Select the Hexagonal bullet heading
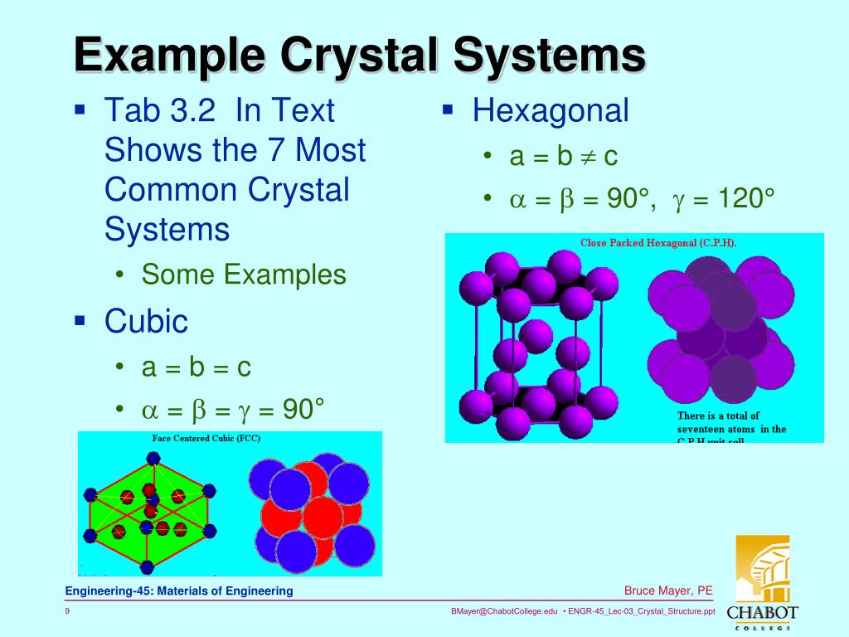551,110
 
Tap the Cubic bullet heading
146,321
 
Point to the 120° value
734,199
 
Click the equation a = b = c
196,367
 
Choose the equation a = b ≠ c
564,156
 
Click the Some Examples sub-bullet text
244,275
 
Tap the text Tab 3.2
154,110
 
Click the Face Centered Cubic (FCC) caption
206,438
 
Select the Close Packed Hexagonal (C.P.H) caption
658,242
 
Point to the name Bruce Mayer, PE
668,591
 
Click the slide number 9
67,612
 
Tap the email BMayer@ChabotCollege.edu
504,611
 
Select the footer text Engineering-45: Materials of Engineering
180,591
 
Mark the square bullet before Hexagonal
448,109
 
